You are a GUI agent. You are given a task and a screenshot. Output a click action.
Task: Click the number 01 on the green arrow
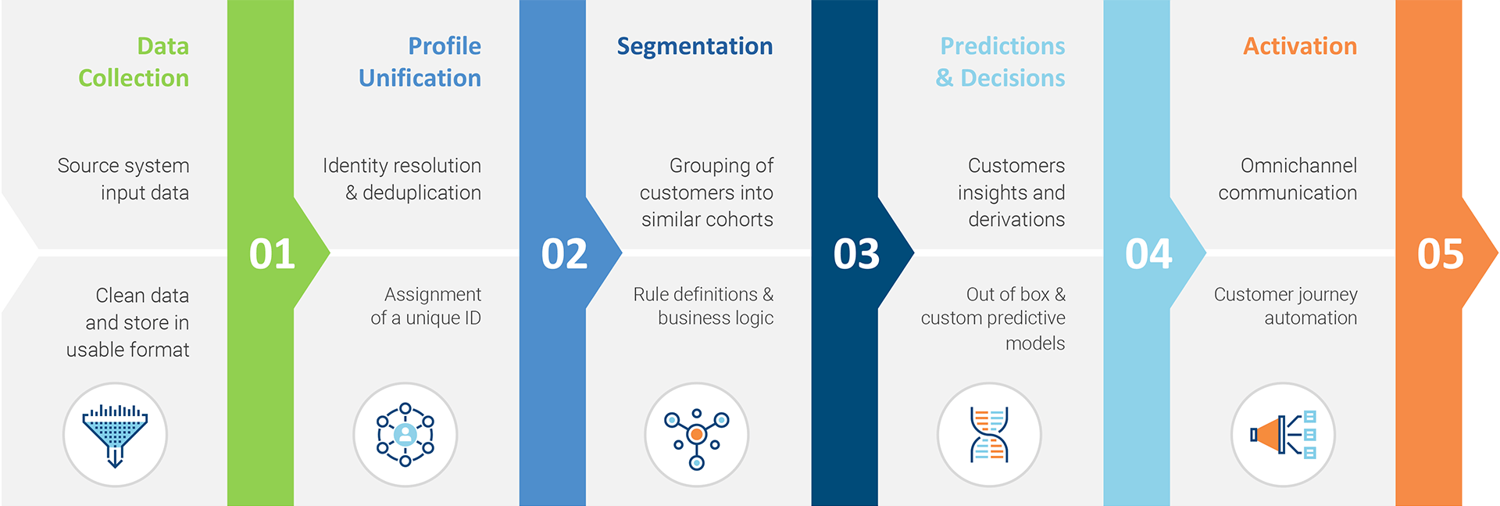tap(272, 254)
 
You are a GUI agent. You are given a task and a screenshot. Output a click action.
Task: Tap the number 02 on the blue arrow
tap(564, 254)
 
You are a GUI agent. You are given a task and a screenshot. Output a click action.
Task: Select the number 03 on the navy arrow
tap(856, 254)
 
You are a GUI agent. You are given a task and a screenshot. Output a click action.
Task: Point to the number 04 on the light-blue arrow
tap(1148, 254)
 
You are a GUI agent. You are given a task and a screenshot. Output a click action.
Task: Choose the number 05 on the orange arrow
tap(1441, 254)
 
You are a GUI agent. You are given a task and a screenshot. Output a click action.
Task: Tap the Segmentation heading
tap(695, 46)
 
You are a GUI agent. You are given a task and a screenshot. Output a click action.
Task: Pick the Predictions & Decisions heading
tap(1002, 62)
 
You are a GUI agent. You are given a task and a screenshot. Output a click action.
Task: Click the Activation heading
tap(1300, 46)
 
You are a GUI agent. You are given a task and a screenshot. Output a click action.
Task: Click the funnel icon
tap(115, 435)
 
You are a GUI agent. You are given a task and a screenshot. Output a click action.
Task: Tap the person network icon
tap(405, 435)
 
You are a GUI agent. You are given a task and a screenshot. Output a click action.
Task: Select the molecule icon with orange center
tap(697, 435)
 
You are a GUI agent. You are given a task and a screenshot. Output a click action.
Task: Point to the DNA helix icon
tap(989, 435)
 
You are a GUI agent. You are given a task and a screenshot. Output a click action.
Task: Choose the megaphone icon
tap(1283, 435)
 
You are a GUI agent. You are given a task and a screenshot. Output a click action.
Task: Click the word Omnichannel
tap(1298, 166)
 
